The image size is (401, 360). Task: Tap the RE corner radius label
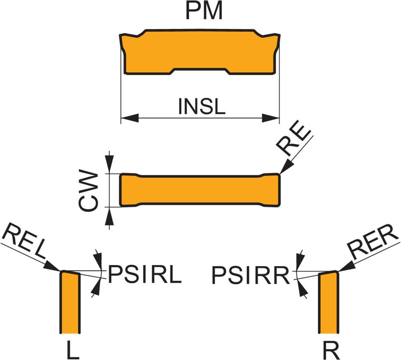295,143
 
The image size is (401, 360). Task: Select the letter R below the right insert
331,350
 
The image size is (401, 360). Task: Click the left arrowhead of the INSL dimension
129,118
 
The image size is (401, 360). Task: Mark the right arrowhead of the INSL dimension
271,118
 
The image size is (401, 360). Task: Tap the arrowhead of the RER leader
344,266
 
